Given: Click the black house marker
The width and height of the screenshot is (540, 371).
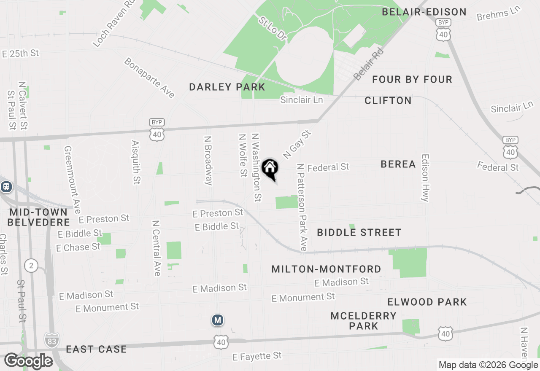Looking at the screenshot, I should [270, 169].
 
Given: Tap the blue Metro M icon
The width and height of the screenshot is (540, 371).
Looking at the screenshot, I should [217, 320].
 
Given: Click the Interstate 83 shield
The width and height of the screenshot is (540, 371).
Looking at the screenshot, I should [51, 340].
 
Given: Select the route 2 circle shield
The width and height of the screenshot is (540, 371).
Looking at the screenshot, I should [31, 266].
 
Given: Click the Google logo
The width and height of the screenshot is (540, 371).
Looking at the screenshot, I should [28, 361].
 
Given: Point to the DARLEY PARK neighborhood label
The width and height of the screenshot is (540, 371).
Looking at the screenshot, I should [227, 87].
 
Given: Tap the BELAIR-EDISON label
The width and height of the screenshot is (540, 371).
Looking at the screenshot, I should [424, 12].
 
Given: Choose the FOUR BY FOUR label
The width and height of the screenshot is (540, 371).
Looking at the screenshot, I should [412, 79].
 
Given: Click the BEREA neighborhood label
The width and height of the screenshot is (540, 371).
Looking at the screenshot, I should [398, 164].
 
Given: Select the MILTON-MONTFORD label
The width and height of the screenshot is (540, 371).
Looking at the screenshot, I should [326, 269].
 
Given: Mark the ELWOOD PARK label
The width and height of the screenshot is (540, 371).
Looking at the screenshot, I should [427, 302].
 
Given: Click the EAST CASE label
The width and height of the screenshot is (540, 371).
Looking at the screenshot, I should [96, 349].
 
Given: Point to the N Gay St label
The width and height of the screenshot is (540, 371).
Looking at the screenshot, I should [297, 145].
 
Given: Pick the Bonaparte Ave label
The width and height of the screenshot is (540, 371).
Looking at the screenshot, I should [149, 78].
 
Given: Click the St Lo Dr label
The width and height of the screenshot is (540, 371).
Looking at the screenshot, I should [273, 29].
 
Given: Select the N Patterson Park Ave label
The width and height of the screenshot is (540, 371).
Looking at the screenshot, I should [302, 207].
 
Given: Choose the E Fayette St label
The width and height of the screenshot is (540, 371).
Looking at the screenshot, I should [257, 357].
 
